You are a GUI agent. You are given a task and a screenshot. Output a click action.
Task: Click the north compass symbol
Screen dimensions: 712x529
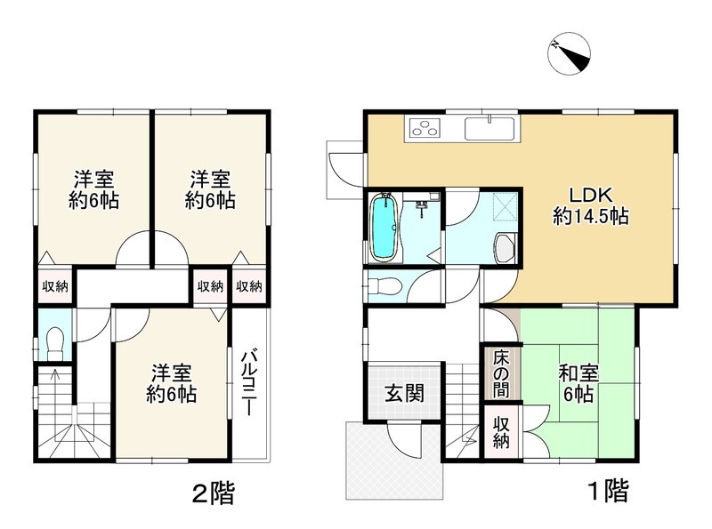570,52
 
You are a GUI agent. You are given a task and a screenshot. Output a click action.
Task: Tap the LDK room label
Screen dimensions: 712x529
591,205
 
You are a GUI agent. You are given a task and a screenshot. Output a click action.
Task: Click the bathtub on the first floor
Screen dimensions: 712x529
384,228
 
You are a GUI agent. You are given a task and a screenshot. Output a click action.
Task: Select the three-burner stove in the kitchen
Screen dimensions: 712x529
425,127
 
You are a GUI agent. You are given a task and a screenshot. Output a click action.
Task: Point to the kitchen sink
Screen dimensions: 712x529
489,128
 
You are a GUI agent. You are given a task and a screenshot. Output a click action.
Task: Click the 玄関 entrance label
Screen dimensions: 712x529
405,393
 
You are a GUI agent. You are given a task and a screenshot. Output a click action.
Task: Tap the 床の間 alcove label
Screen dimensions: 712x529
501,373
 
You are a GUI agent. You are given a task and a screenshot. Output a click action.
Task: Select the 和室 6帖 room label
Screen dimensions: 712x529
578,383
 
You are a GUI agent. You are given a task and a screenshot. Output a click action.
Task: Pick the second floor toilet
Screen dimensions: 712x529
54,342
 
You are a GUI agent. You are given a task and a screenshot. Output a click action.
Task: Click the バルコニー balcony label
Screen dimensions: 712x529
249,382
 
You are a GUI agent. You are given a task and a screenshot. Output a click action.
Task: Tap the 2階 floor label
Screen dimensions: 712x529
214,493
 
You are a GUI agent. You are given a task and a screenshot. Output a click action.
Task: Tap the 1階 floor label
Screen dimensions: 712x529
609,491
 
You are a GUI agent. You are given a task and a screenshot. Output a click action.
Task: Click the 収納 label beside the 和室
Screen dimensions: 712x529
501,433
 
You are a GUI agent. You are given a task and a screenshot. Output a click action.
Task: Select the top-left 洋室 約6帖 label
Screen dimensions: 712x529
94,189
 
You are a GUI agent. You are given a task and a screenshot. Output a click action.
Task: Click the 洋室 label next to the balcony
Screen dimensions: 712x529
171,383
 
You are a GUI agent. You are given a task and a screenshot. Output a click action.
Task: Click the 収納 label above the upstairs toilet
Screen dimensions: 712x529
55,286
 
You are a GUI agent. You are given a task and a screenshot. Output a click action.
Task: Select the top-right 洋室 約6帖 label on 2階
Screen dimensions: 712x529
210,189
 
